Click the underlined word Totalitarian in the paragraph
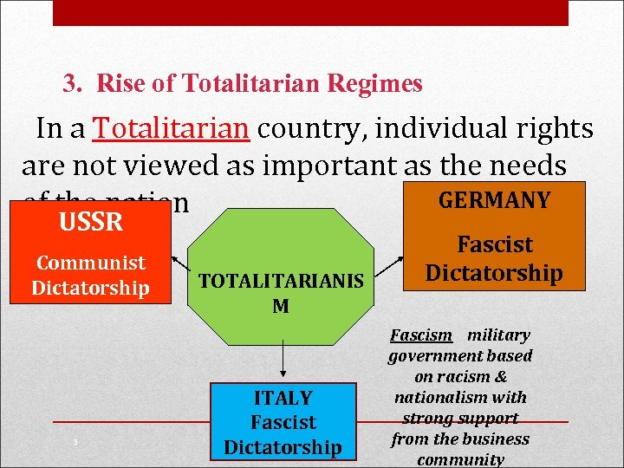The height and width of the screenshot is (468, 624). click(x=172, y=128)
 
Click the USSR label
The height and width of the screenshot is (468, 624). click(x=90, y=222)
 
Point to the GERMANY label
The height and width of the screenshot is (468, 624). click(x=494, y=200)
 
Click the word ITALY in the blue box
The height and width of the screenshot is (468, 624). click(x=283, y=398)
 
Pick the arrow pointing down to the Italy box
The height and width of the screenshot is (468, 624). click(x=283, y=355)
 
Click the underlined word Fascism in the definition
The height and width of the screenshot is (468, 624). click(x=421, y=335)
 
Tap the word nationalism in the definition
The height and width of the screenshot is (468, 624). click(x=438, y=398)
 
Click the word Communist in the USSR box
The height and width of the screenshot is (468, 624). click(x=90, y=263)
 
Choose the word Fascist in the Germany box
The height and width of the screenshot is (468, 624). click(x=495, y=245)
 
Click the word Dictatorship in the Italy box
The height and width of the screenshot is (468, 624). click(x=283, y=447)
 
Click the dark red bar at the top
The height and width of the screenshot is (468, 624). click(x=310, y=12)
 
